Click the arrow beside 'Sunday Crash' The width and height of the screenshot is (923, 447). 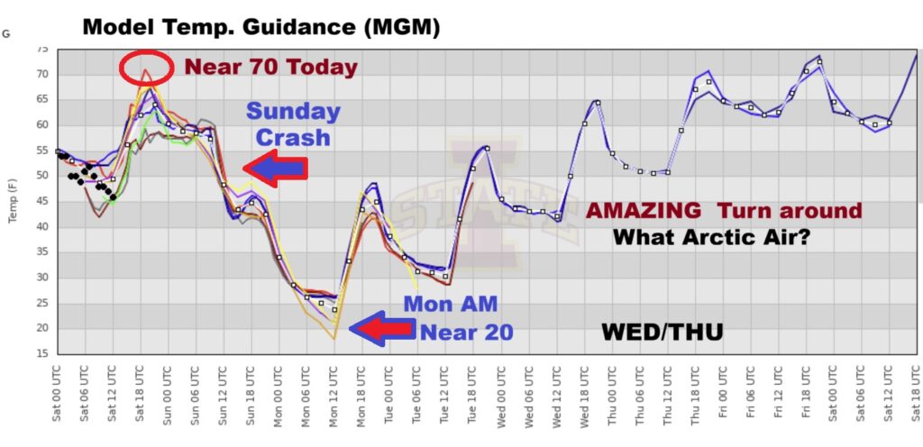[276, 168]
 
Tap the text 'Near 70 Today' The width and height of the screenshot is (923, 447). [271, 67]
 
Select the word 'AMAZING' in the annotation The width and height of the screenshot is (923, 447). [643, 211]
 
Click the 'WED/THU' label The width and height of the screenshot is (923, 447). [662, 334]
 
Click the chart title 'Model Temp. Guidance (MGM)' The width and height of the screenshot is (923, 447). [261, 27]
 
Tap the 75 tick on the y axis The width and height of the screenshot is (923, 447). [41, 50]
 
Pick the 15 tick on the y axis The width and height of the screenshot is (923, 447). [41, 353]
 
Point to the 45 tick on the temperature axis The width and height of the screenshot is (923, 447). [41, 201]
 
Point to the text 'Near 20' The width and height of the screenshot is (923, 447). [465, 331]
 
